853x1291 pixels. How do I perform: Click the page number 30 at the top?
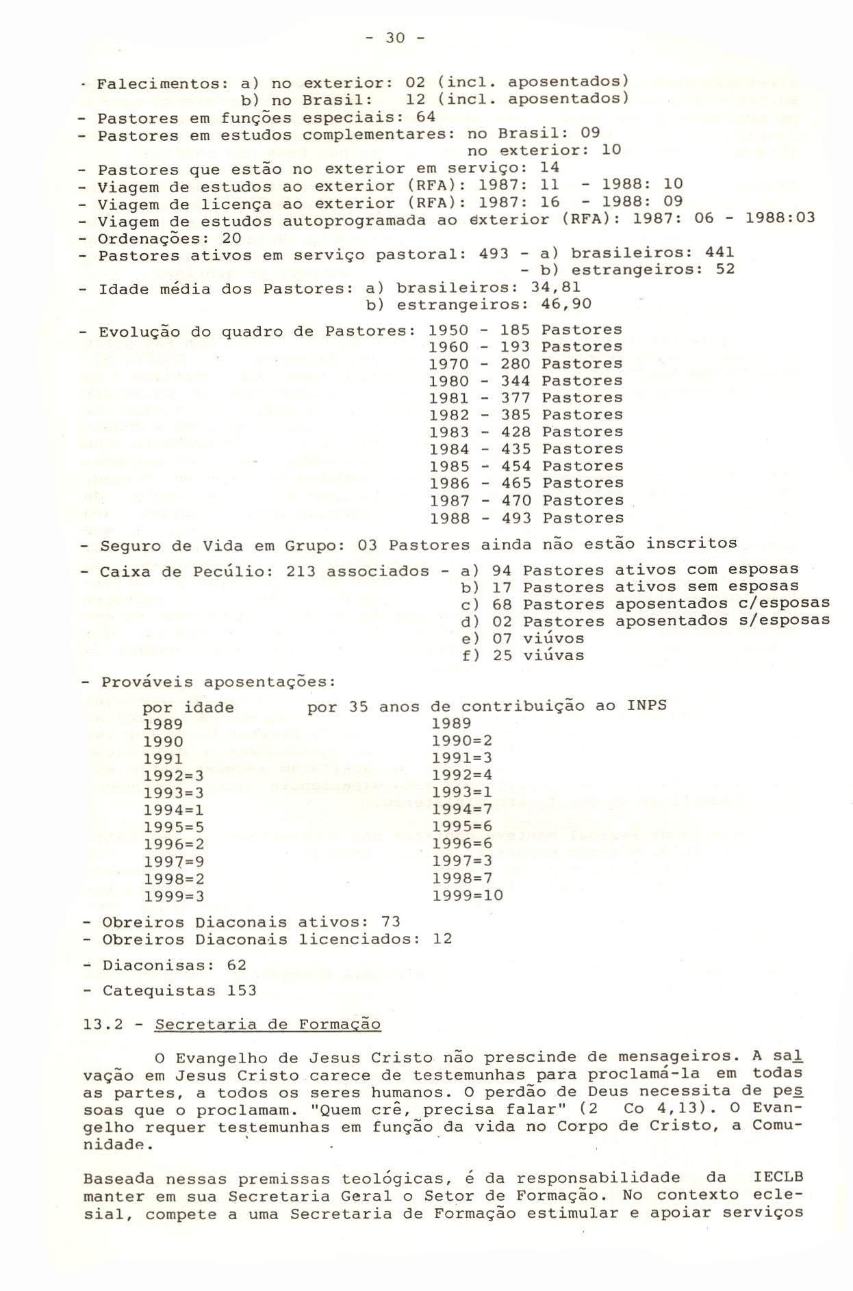(396, 39)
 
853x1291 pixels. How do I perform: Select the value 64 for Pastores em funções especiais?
(425, 116)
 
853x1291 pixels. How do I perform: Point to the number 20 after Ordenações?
(232, 238)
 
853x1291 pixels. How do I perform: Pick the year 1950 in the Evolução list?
(448, 330)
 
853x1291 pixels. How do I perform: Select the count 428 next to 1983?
(515, 432)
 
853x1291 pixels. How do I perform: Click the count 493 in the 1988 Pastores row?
(515, 518)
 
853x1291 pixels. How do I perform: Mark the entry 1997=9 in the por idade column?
(174, 861)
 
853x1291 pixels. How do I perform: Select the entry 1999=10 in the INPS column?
(468, 895)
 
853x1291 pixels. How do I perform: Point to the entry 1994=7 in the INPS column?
(462, 810)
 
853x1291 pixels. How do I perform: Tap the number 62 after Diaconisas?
(237, 965)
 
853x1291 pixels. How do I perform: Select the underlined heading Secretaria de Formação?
(268, 1025)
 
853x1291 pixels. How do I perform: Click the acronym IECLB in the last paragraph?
(778, 1177)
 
